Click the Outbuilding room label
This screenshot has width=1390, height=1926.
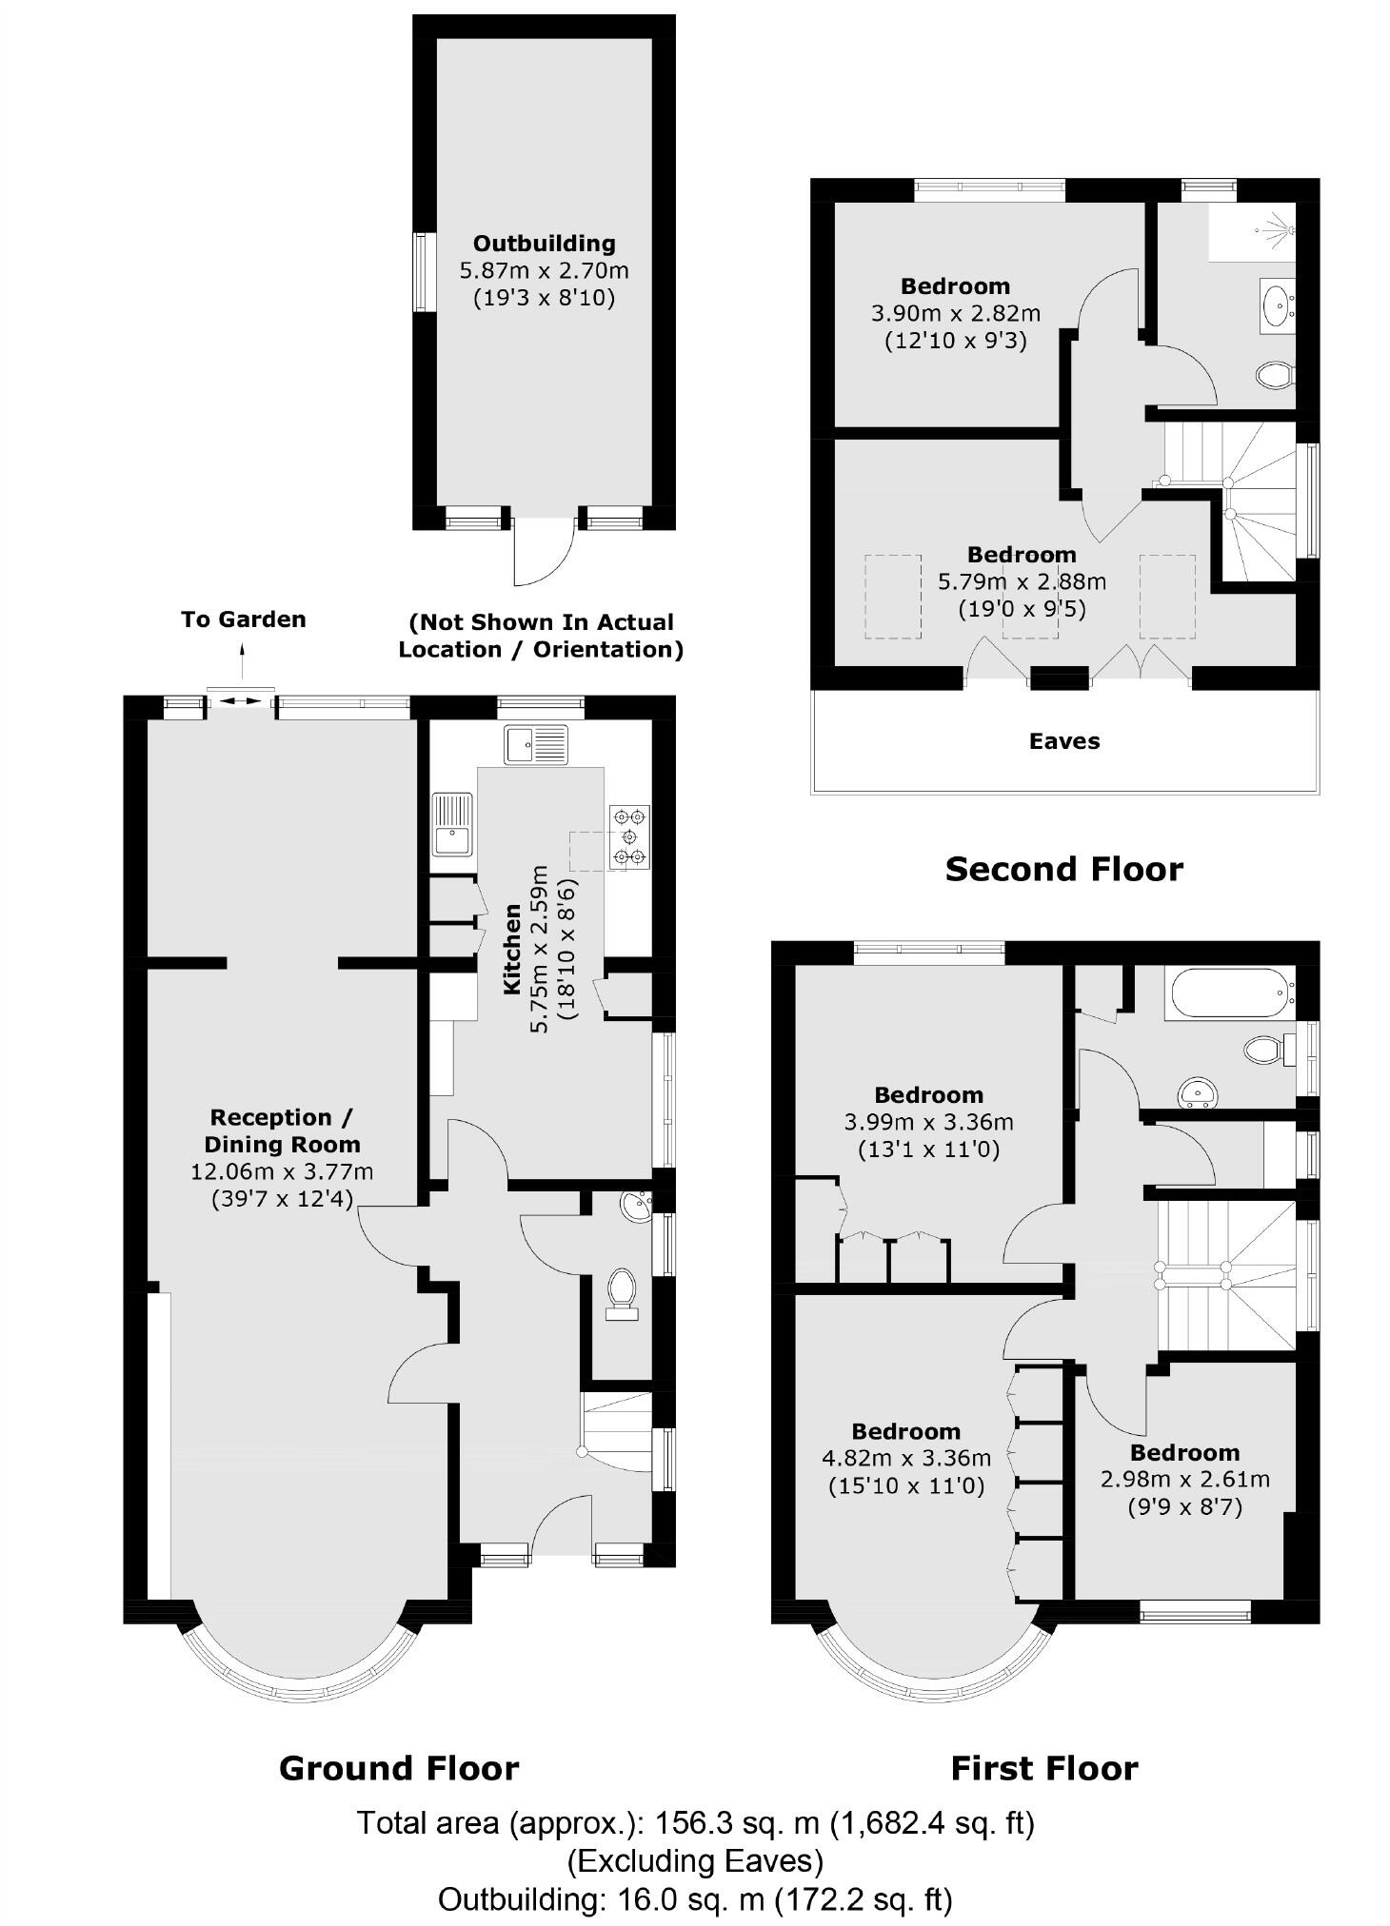tap(544, 244)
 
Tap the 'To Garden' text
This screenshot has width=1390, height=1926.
tap(243, 619)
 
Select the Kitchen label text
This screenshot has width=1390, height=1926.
tap(512, 949)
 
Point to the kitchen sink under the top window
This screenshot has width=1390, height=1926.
tap(537, 744)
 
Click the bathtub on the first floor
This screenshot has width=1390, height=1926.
tap(1228, 991)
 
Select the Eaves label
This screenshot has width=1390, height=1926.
tap(1063, 741)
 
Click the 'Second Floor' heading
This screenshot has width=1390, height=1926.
tap(1063, 869)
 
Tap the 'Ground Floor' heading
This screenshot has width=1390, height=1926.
tap(399, 1768)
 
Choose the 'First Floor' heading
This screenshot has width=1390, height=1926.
tap(1044, 1768)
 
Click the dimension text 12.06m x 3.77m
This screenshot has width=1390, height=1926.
tap(282, 1171)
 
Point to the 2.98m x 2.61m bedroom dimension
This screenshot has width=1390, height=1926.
tap(1184, 1480)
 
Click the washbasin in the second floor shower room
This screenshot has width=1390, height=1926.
tap(1276, 304)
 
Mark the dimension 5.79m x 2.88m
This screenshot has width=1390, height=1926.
tap(1022, 580)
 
